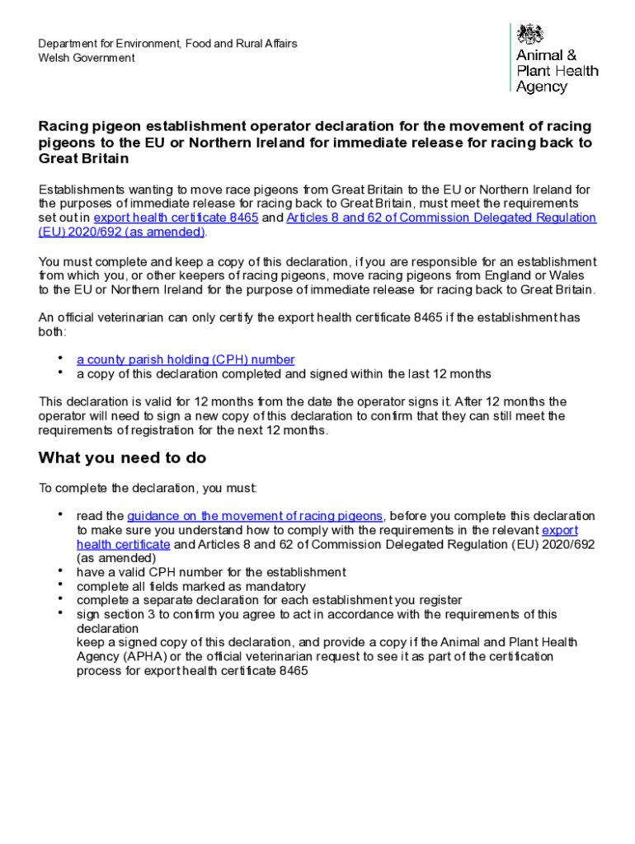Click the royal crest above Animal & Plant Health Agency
click(x=530, y=35)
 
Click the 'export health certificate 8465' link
click(x=176, y=218)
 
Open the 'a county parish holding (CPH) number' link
click(x=186, y=359)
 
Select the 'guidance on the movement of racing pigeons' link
click(x=255, y=516)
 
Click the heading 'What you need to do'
click(x=122, y=458)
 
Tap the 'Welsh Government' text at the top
click(x=86, y=58)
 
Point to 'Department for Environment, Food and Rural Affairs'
click(x=167, y=43)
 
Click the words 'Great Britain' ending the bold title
click(x=83, y=158)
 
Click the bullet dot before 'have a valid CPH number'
click(x=60, y=570)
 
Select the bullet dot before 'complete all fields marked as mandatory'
click(x=60, y=584)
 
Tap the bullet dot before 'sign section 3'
click(x=60, y=612)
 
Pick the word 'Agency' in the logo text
click(x=542, y=87)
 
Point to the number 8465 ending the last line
click(x=293, y=671)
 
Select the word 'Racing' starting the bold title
click(x=63, y=126)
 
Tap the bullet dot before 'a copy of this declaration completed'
click(x=60, y=371)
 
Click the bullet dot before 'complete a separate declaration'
click(x=60, y=598)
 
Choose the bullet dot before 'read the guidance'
click(x=60, y=513)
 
